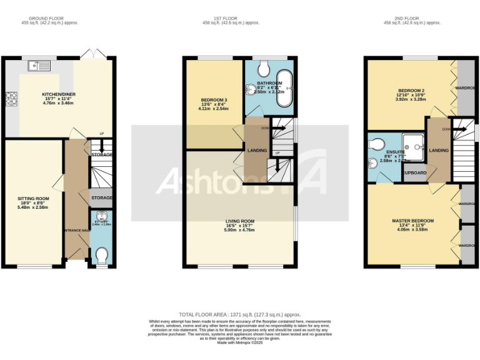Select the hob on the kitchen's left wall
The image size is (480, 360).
(x=11, y=98)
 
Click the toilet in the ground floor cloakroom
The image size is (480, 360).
(x=102, y=255)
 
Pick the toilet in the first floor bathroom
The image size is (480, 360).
(x=263, y=66)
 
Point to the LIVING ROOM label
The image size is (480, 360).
(x=240, y=221)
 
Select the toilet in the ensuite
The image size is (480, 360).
(x=377, y=144)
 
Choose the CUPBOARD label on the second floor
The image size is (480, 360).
(x=414, y=172)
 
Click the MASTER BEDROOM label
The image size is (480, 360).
(x=412, y=221)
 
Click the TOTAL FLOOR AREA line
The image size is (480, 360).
(x=240, y=314)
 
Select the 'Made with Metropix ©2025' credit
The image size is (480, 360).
(x=240, y=342)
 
